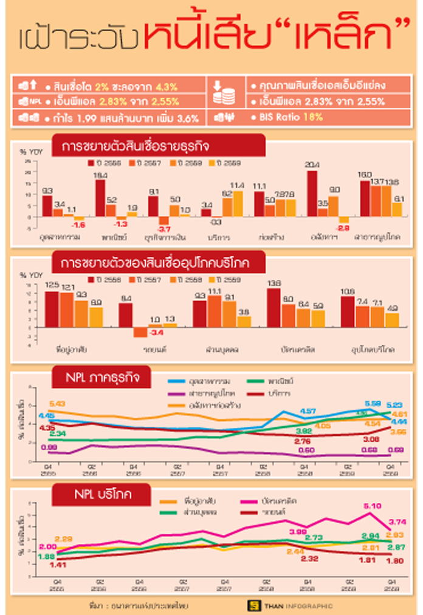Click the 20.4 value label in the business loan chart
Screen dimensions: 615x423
click(312, 165)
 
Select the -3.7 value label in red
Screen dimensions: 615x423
click(163, 229)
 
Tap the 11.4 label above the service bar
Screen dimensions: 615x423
click(238, 185)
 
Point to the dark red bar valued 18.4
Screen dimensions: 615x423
click(100, 198)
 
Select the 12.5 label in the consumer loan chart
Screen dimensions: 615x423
click(52, 285)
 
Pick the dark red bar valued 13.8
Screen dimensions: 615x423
click(273, 307)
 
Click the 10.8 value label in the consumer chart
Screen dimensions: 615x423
click(348, 291)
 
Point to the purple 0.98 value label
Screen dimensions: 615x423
click(49, 447)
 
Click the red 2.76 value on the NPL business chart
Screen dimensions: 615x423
click(302, 440)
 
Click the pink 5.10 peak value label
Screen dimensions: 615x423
click(371, 506)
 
